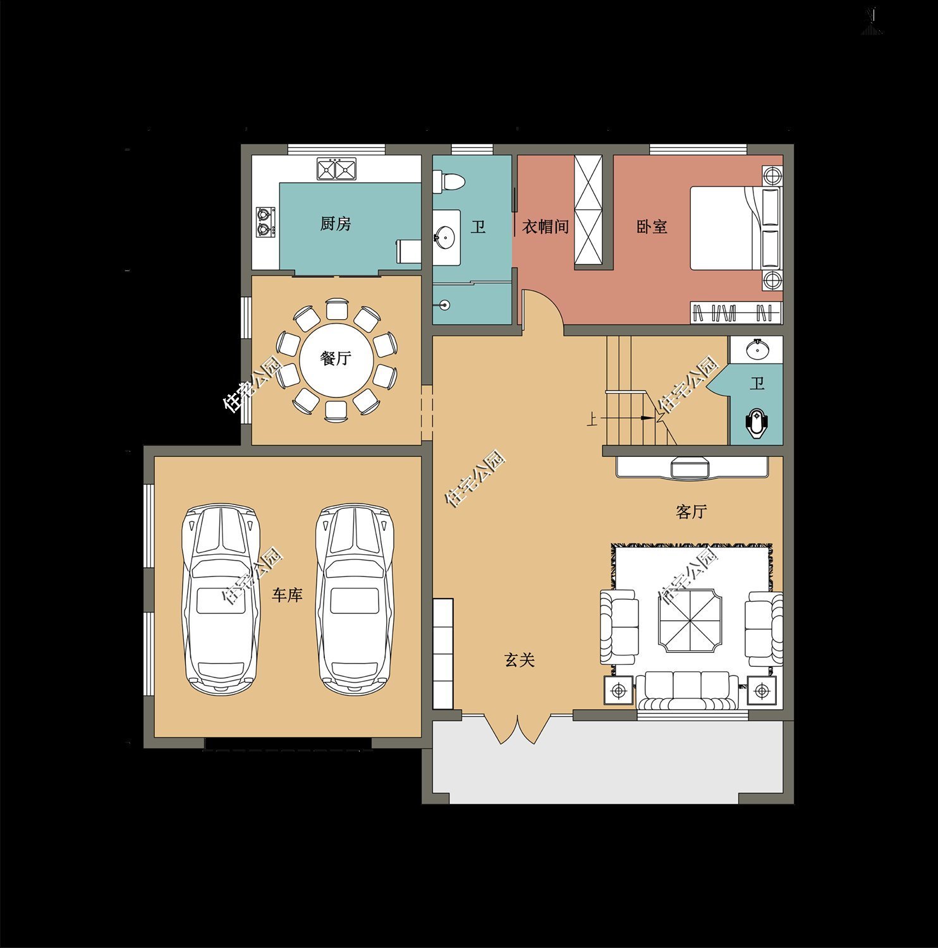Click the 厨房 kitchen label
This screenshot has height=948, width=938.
336,224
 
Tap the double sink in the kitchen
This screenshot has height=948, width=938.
336,169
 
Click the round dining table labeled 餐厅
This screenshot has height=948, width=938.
336,358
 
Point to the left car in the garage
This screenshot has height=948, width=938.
221,600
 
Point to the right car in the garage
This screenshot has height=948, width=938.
355,600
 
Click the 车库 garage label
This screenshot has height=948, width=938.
288,595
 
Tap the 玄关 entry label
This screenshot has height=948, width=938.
520,660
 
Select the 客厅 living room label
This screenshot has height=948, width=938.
691,512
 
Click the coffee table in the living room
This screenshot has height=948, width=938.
690,621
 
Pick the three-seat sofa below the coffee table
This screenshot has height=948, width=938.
687,690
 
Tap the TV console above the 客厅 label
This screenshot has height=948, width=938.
692,467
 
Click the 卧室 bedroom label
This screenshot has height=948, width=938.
652,227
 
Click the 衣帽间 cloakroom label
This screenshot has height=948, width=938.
545,227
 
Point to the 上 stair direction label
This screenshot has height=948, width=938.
592,419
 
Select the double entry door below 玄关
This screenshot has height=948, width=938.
518,729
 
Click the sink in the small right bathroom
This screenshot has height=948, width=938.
756,349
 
